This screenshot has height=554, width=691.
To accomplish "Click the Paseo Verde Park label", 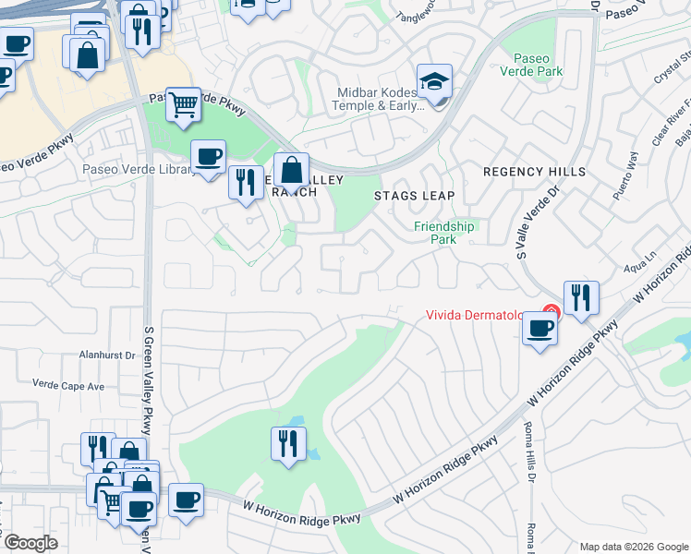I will click(532, 62).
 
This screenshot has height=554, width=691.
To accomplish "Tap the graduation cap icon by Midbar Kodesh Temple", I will click(434, 80).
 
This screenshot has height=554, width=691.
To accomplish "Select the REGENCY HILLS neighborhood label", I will click(535, 173).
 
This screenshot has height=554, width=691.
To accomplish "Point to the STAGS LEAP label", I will click(414, 196).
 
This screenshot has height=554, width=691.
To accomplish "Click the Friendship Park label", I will click(443, 232).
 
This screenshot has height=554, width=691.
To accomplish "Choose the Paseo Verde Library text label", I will click(137, 169).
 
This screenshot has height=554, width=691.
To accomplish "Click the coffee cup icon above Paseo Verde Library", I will click(208, 155).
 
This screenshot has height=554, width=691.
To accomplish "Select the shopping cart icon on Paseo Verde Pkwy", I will click(184, 105).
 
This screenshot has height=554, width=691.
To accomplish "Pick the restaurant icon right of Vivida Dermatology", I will click(581, 298).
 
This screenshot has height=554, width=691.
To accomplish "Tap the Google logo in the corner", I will click(30, 543).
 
